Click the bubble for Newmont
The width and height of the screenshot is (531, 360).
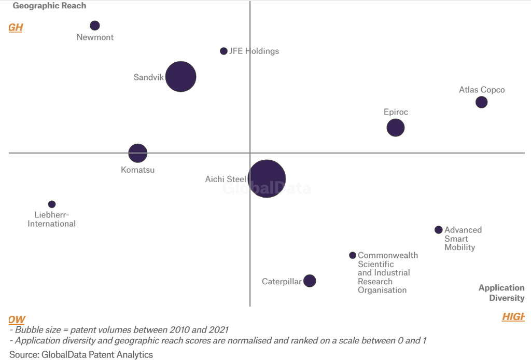click(94, 25)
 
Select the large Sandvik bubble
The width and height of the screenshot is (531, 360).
click(180, 77)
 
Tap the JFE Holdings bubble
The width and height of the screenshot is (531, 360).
click(223, 51)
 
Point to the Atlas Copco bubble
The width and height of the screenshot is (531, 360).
click(481, 102)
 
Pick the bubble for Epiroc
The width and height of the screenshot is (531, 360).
click(396, 128)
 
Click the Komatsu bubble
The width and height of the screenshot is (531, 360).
click(138, 153)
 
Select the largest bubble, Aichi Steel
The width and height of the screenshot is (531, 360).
click(267, 178)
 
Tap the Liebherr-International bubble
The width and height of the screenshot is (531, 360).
click(52, 204)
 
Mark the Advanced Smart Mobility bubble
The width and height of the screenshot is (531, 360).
click(438, 230)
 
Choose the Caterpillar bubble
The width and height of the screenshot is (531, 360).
click(310, 281)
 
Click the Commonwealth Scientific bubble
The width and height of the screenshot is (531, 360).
click(353, 255)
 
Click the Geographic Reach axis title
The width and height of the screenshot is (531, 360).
click(49, 6)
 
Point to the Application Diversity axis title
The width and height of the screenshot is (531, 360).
click(501, 293)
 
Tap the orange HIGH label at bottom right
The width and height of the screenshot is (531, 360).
click(513, 317)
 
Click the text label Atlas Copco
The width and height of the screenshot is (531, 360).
click(482, 90)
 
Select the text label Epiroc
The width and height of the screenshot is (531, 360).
click(396, 112)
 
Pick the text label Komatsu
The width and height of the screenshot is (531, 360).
click(137, 170)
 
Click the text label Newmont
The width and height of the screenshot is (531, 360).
click(95, 37)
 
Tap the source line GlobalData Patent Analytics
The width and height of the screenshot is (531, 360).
click(81, 355)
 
